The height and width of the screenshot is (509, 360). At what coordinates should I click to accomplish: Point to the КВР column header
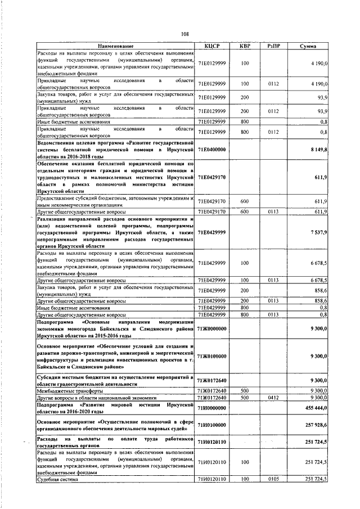(245, 46)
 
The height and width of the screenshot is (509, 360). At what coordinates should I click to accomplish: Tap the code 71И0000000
(211, 407)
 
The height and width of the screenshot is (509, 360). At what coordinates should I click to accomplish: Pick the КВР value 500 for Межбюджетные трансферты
(245, 390)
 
